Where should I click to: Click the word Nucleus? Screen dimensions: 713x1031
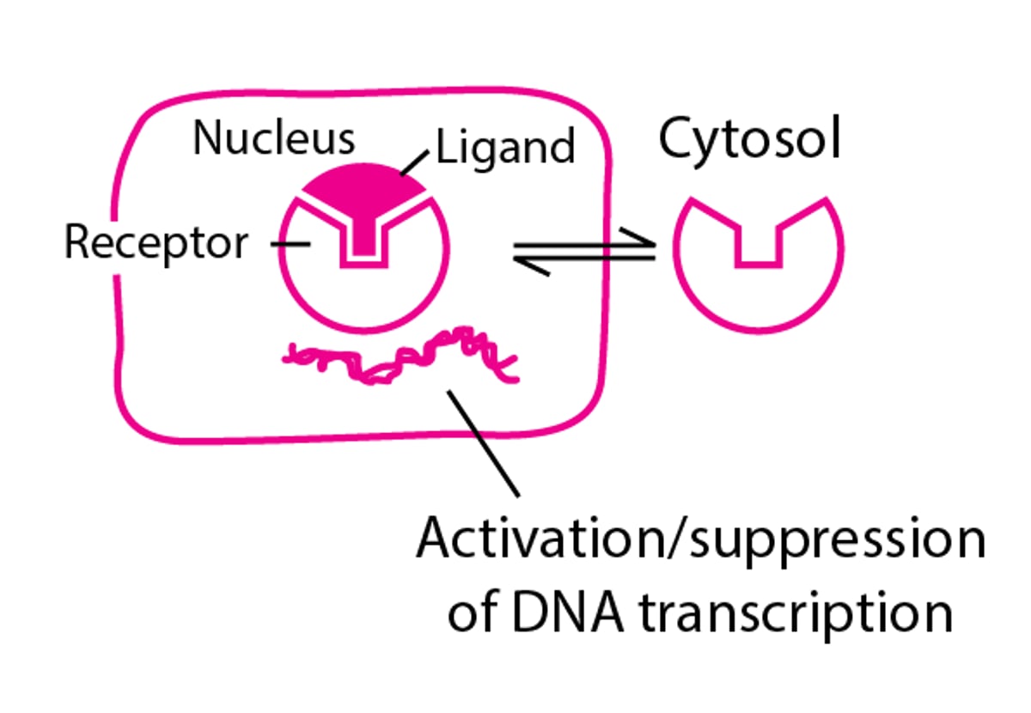coord(273,138)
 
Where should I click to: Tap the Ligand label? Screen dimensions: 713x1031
coord(505,149)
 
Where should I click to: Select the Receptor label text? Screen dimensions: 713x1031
coord(156,243)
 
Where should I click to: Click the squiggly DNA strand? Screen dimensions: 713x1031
coord(404,361)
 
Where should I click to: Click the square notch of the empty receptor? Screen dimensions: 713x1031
coord(758,246)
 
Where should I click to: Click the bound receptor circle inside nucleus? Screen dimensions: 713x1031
coord(363,296)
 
